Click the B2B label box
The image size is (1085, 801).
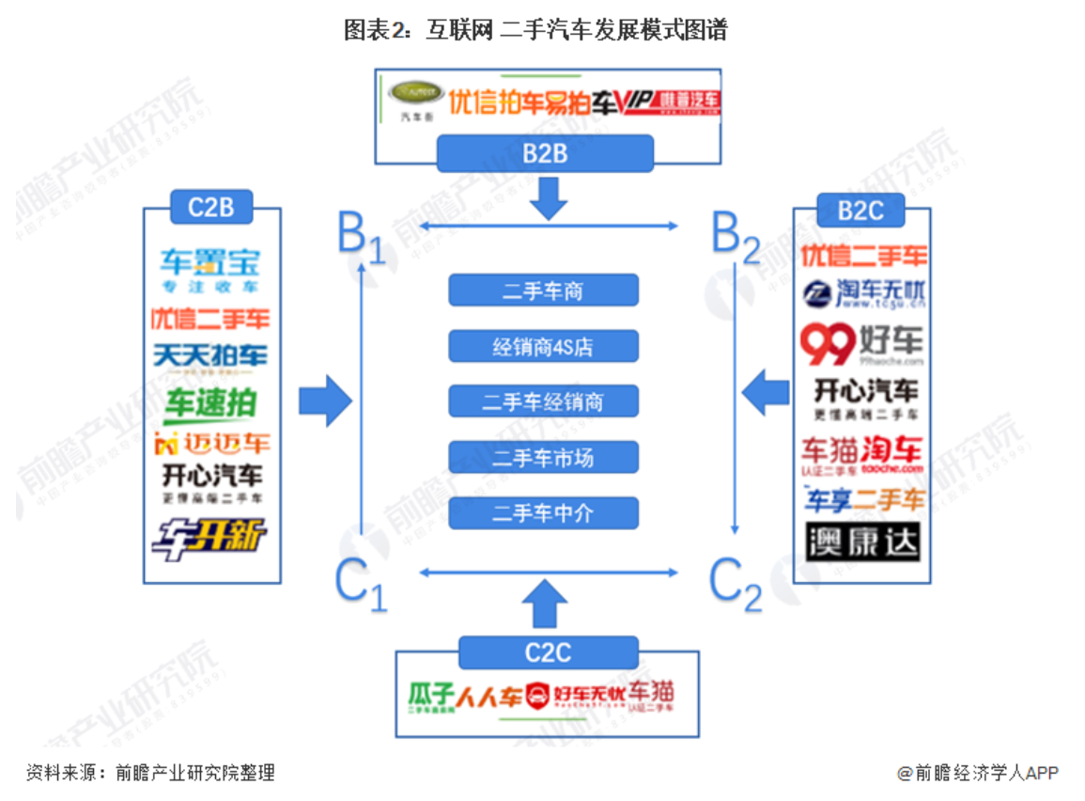click(545, 153)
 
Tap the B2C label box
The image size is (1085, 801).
click(860, 210)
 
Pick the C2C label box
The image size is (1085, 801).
click(548, 652)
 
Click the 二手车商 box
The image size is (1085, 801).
click(543, 291)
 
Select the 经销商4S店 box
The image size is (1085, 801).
click(543, 347)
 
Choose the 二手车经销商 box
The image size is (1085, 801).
click(543, 402)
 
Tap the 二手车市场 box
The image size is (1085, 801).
click(543, 458)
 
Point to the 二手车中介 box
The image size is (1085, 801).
click(543, 513)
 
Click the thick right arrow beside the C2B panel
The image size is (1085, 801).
click(325, 402)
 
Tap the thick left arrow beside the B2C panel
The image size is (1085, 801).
click(766, 391)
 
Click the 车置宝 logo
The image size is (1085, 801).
click(209, 269)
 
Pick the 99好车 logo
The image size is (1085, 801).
click(861, 344)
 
